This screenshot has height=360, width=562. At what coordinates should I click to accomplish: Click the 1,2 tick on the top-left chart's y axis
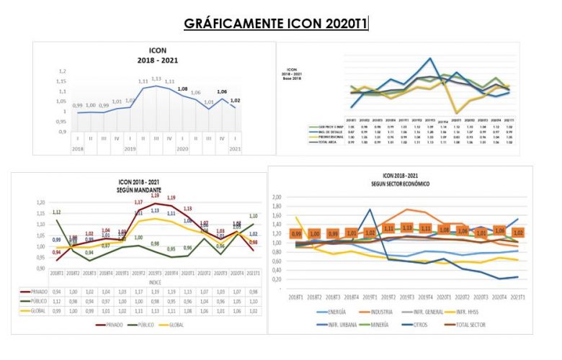pos(63,71)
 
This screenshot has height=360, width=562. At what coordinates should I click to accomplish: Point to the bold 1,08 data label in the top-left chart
pos(182,89)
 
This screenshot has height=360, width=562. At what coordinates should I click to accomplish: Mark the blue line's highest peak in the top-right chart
pos(430,59)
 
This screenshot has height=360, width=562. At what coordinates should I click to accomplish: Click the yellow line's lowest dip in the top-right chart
pos(456,113)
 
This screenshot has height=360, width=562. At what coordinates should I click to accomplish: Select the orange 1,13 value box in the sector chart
pos(406,228)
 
